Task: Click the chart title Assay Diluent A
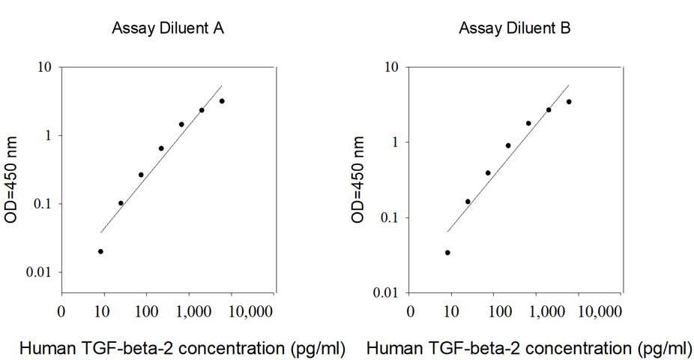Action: coord(168,28)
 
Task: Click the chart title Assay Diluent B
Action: coord(515,28)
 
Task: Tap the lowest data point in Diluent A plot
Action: coord(100,251)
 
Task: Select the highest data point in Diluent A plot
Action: coord(222,101)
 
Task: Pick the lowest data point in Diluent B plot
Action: coord(447,253)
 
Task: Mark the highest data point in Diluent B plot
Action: coord(569,102)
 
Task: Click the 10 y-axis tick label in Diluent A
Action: coord(44,67)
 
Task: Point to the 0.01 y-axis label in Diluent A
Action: coord(39,272)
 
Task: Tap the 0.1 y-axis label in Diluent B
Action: coord(390,217)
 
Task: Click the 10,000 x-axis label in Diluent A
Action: coord(250,312)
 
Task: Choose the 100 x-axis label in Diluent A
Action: coord(146,312)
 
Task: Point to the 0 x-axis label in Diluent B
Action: coord(410,312)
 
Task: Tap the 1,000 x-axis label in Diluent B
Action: coord(547,312)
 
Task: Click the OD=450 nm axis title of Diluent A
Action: coord(10,179)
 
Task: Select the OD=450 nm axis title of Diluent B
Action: coord(357,179)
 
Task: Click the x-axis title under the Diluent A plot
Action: coord(182,349)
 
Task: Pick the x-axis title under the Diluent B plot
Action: coord(529,349)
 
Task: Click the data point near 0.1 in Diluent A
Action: coord(121,203)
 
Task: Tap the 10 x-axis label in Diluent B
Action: coord(450,312)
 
